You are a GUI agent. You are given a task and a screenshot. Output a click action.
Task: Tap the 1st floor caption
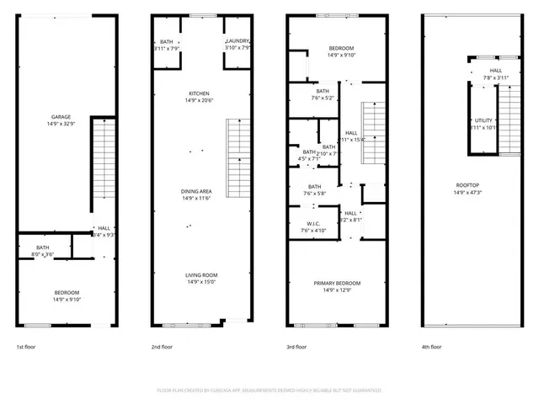[27, 347]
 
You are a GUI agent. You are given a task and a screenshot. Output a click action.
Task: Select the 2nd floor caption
[162, 347]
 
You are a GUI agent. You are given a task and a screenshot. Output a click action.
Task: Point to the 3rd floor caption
[296, 347]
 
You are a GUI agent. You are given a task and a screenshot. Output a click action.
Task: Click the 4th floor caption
[431, 347]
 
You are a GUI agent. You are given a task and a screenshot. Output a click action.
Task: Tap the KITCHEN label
[199, 93]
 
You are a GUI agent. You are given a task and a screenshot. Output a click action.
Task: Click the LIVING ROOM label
[201, 275]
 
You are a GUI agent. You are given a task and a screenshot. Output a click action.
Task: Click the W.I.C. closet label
[312, 224]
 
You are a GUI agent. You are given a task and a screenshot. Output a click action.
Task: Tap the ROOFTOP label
[468, 185]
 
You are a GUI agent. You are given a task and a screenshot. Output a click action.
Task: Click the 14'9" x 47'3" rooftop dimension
[468, 193]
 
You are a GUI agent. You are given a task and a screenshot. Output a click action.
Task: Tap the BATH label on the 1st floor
[42, 247]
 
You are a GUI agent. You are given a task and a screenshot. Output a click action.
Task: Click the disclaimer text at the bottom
[269, 391]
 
